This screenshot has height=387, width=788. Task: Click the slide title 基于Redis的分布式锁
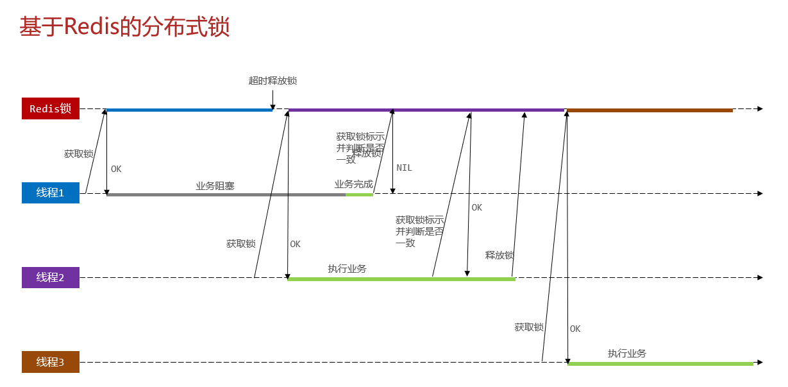point(124,27)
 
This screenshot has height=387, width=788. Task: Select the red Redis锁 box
point(51,108)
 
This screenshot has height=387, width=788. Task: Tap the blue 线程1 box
point(51,193)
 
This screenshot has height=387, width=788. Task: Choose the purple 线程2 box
point(51,277)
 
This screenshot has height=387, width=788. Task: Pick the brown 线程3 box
point(51,362)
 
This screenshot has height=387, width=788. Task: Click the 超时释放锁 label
point(272,81)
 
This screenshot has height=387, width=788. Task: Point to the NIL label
point(404,168)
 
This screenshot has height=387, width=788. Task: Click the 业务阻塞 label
point(215,186)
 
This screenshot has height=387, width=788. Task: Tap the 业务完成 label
point(353,184)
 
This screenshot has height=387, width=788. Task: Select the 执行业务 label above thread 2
point(347,269)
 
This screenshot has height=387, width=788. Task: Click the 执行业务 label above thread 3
point(626,354)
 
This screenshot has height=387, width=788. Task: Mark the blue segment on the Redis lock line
point(189,110)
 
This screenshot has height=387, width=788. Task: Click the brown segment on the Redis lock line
point(649,110)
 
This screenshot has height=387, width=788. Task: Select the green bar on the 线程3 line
point(660,364)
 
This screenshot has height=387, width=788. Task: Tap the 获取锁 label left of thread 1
point(79,154)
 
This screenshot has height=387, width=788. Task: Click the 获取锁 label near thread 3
point(529,327)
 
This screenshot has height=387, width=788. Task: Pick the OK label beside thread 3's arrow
point(575,329)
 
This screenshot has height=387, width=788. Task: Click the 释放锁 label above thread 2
point(499,255)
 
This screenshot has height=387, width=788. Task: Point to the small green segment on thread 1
point(359,194)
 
